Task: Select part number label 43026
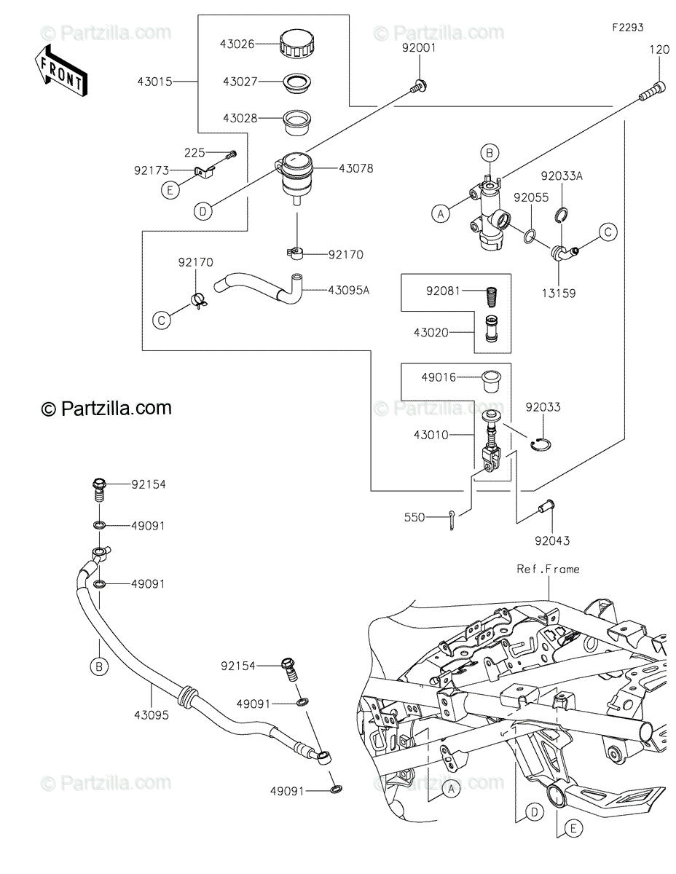click(x=237, y=44)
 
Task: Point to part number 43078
click(x=355, y=168)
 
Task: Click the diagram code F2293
click(x=627, y=28)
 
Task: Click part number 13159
click(x=559, y=294)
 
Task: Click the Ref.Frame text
click(x=548, y=569)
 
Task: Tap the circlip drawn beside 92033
click(x=541, y=444)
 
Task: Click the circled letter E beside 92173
click(x=170, y=190)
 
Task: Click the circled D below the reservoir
click(x=203, y=211)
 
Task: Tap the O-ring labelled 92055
click(x=530, y=236)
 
